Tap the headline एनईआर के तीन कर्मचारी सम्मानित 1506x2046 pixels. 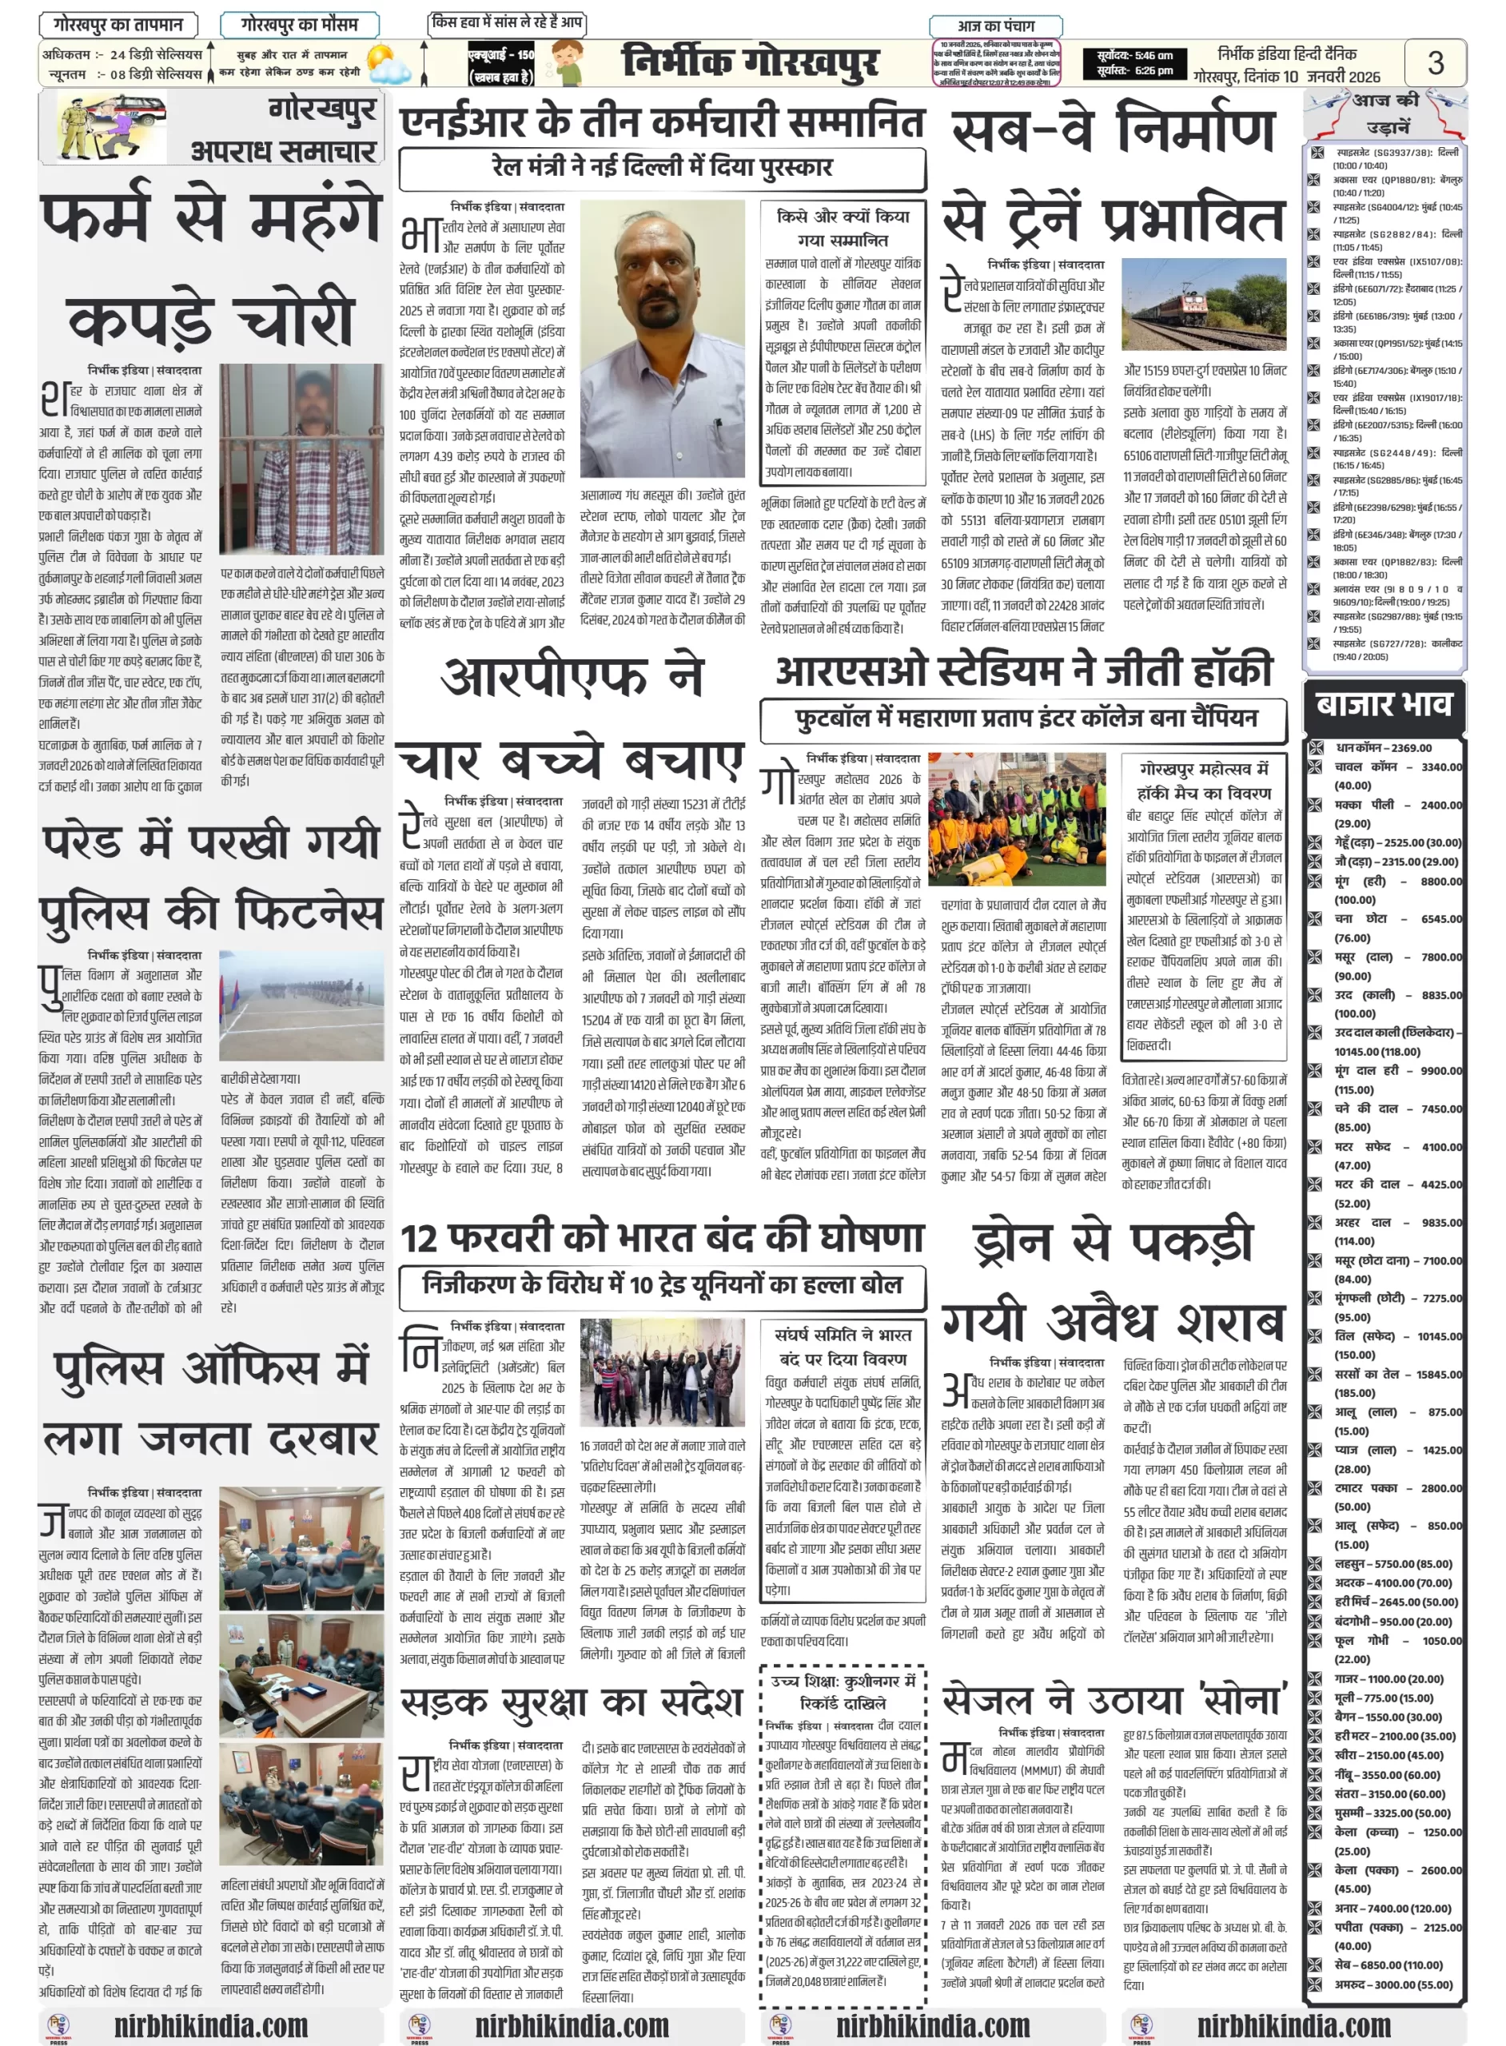tap(663, 122)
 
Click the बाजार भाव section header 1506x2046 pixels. tap(1383, 703)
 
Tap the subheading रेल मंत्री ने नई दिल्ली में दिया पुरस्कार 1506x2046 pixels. tap(662, 168)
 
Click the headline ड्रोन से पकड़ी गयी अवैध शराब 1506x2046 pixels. tap(1114, 1280)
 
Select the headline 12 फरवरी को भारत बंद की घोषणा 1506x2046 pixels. tap(663, 1238)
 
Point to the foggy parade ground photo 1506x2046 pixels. tap(301, 1005)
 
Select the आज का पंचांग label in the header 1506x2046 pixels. tap(995, 26)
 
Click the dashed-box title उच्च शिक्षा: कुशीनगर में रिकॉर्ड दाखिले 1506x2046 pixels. tap(843, 1691)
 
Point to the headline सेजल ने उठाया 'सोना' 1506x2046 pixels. tap(1114, 1699)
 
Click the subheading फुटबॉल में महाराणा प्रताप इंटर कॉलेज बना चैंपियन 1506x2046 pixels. tap(1024, 719)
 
